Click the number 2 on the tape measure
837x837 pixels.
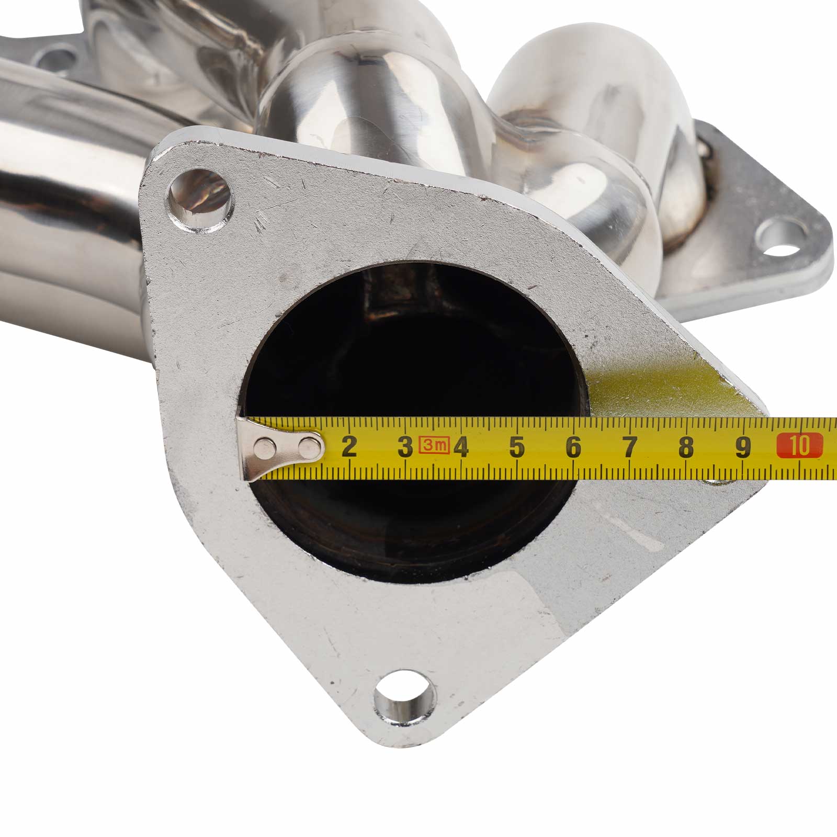pyautogui.click(x=349, y=447)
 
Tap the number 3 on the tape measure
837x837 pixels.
pyautogui.click(x=405, y=447)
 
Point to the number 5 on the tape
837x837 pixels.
pyautogui.click(x=517, y=447)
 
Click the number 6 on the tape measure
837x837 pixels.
pyautogui.click(x=573, y=447)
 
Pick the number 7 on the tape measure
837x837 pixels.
pyautogui.click(x=630, y=447)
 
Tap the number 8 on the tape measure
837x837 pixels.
pyautogui.click(x=686, y=447)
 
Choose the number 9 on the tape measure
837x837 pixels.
pyautogui.click(x=742, y=447)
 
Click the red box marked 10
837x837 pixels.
pyautogui.click(x=799, y=446)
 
